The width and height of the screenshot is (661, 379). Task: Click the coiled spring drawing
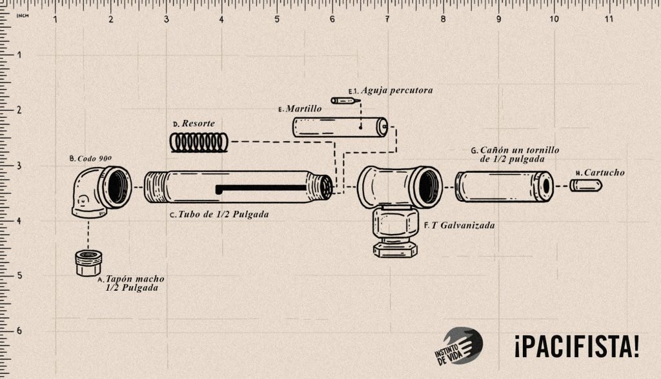pyautogui.click(x=199, y=142)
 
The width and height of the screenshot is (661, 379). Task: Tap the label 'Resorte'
pyautogui.click(x=198, y=123)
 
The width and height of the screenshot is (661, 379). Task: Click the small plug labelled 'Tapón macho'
pyautogui.click(x=89, y=263)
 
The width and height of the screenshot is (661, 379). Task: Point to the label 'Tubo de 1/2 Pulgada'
pyautogui.click(x=223, y=215)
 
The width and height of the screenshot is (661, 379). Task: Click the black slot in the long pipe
pyautogui.click(x=261, y=189)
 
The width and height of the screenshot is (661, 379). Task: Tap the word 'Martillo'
pyautogui.click(x=303, y=109)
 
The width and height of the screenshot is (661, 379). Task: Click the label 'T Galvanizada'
pyautogui.click(x=463, y=226)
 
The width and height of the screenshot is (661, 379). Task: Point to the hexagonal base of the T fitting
pyautogui.click(x=396, y=249)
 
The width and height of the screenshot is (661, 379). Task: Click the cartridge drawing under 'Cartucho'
pyautogui.click(x=586, y=185)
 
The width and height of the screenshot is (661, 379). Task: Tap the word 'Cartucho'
pyautogui.click(x=604, y=173)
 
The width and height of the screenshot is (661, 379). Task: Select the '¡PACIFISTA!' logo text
pyautogui.click(x=576, y=346)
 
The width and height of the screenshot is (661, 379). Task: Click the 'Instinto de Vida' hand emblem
pyautogui.click(x=460, y=346)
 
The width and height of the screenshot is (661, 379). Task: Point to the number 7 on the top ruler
pyautogui.click(x=387, y=19)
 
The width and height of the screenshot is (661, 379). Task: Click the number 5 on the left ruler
pyautogui.click(x=19, y=275)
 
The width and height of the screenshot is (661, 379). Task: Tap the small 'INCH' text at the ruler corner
pyautogui.click(x=23, y=16)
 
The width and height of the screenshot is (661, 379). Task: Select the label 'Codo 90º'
pyautogui.click(x=94, y=159)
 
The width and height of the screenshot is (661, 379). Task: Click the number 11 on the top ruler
pyautogui.click(x=609, y=19)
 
